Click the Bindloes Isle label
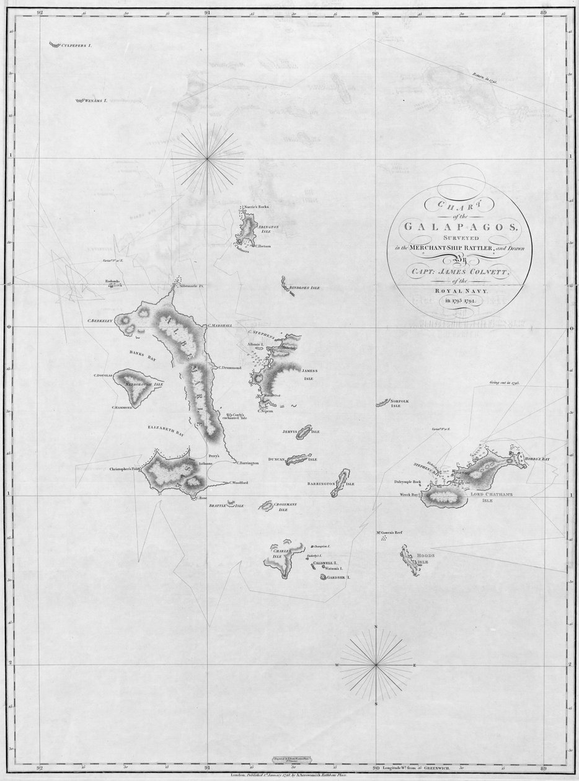point(306,288)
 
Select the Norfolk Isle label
point(400,404)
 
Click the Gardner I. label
point(339,577)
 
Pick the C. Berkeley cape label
point(99,321)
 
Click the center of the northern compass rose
point(208,159)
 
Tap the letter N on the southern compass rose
point(376,628)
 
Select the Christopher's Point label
point(126,469)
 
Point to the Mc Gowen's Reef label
point(391,531)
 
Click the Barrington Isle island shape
point(340,483)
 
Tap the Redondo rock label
point(112,281)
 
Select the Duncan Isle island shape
point(299,459)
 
